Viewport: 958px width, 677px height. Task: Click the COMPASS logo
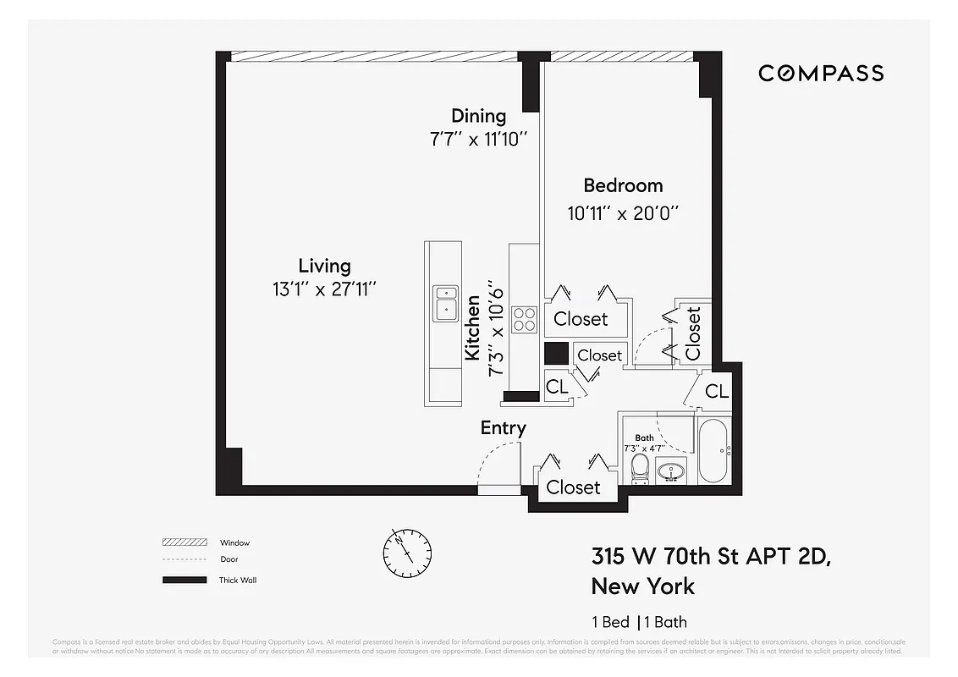pos(821,74)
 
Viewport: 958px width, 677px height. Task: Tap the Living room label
pos(324,266)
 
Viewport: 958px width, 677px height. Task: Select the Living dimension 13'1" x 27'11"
pos(324,289)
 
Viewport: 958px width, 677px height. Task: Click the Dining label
pos(478,116)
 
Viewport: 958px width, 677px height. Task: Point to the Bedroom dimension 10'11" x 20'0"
pos(624,213)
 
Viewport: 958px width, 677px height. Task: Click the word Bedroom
pos(623,185)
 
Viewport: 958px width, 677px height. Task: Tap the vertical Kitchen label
pos(473,327)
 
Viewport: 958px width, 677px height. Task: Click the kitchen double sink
pos(445,303)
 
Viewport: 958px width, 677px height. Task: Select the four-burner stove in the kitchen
pos(524,318)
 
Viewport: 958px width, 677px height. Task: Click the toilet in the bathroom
pos(640,468)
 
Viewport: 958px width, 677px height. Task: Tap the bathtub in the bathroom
pos(713,450)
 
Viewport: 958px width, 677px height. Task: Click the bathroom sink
pos(673,471)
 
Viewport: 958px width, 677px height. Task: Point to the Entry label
pos(503,428)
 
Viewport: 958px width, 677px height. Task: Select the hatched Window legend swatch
pos(184,542)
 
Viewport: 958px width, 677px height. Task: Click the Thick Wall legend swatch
pos(184,580)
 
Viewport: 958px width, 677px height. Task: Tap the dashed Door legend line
pos(184,559)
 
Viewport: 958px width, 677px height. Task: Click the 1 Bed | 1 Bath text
pos(639,622)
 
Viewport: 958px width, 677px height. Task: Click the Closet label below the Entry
pos(573,487)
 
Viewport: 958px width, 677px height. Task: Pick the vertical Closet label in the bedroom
pos(694,333)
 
